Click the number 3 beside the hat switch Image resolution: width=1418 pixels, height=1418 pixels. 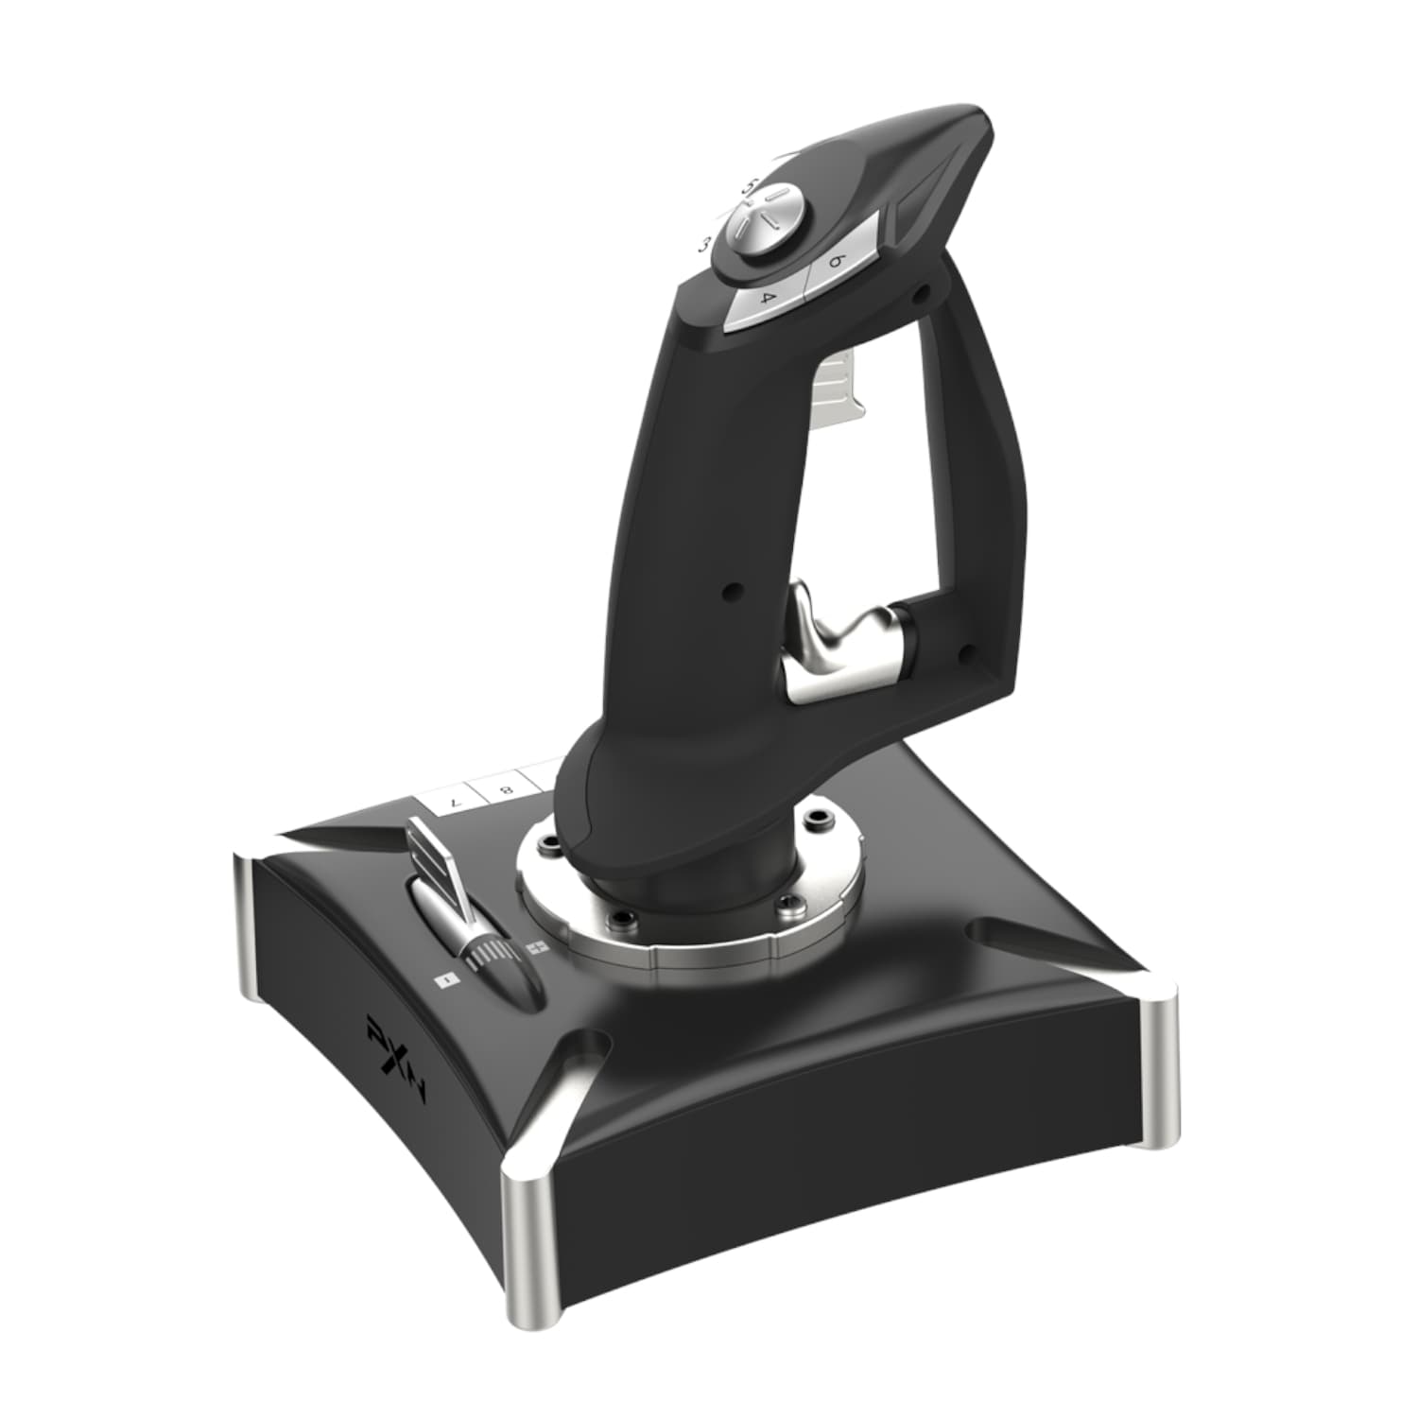click(x=704, y=244)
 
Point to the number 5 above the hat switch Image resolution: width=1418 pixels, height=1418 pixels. click(x=747, y=185)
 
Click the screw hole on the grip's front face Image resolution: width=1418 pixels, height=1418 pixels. click(x=728, y=593)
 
